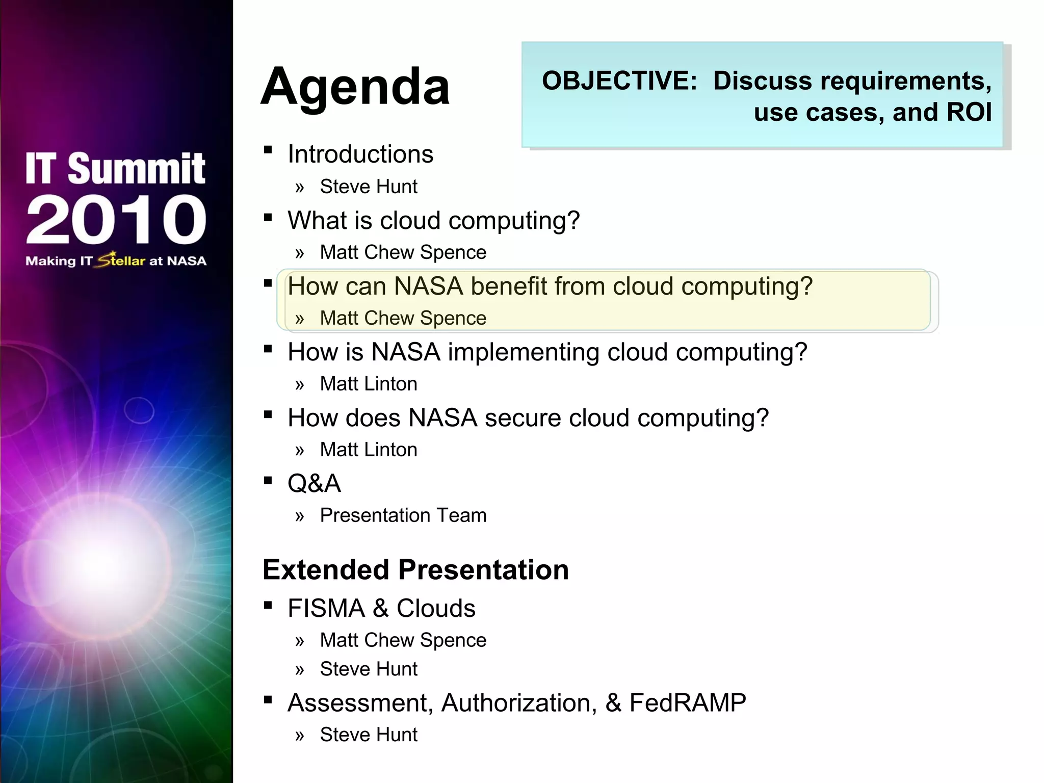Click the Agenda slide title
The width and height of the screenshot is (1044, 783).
point(355,87)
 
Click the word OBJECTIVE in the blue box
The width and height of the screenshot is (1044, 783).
point(619,81)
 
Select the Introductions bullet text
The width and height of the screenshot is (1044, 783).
point(360,154)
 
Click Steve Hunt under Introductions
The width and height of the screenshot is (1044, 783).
point(368,187)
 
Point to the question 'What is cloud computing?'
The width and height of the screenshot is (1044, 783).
point(433,220)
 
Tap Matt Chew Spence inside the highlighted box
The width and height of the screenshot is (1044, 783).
point(403,318)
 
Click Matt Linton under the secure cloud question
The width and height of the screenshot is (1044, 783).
point(368,450)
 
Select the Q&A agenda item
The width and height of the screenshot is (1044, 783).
point(314,483)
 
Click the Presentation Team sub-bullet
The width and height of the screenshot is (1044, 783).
point(403,515)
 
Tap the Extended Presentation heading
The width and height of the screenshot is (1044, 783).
point(415,569)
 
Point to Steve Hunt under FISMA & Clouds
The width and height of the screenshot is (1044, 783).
point(368,669)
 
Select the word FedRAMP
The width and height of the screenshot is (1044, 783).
point(687,702)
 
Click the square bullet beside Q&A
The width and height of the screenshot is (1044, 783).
point(268,480)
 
